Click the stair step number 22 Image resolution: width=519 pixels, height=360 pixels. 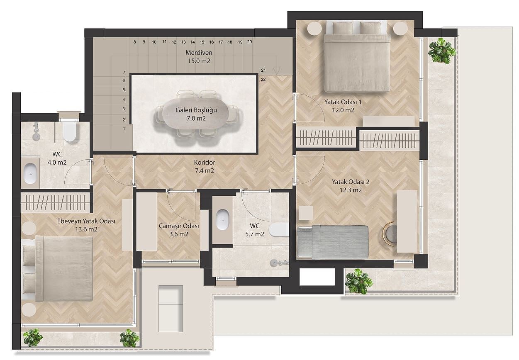click(x=263, y=80)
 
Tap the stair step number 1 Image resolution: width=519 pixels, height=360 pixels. click(x=124, y=129)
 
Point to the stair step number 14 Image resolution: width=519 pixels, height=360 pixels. click(x=192, y=42)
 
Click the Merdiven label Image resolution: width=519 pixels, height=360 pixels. click(x=199, y=53)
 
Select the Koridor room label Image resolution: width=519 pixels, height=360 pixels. click(x=205, y=163)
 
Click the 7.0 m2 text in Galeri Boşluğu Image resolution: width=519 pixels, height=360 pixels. click(x=196, y=118)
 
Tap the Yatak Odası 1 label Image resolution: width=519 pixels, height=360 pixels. click(x=343, y=102)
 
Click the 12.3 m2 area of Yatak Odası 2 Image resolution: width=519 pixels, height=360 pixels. click(x=351, y=190)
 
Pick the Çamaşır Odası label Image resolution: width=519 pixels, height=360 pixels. click(x=179, y=226)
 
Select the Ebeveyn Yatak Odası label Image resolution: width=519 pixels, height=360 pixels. click(x=86, y=221)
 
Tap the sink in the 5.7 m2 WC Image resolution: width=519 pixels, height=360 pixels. click(x=222, y=220)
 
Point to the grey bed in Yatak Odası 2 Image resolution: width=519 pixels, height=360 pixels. click(x=332, y=242)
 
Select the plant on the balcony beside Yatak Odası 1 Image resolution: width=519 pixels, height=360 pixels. click(x=442, y=51)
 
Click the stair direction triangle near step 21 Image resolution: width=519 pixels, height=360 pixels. click(x=277, y=71)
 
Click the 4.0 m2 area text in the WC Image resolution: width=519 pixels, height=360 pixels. click(x=57, y=163)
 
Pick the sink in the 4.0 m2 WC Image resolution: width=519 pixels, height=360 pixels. click(x=30, y=173)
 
